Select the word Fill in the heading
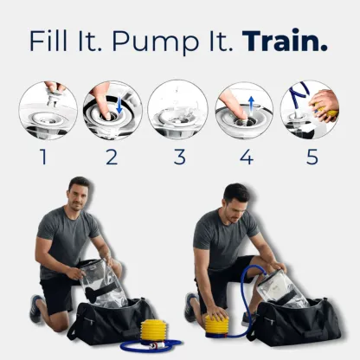tap(54, 42)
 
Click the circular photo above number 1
tap(48, 110)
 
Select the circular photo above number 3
tap(177, 110)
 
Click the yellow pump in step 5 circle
tap(326, 110)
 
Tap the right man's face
tap(235, 202)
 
